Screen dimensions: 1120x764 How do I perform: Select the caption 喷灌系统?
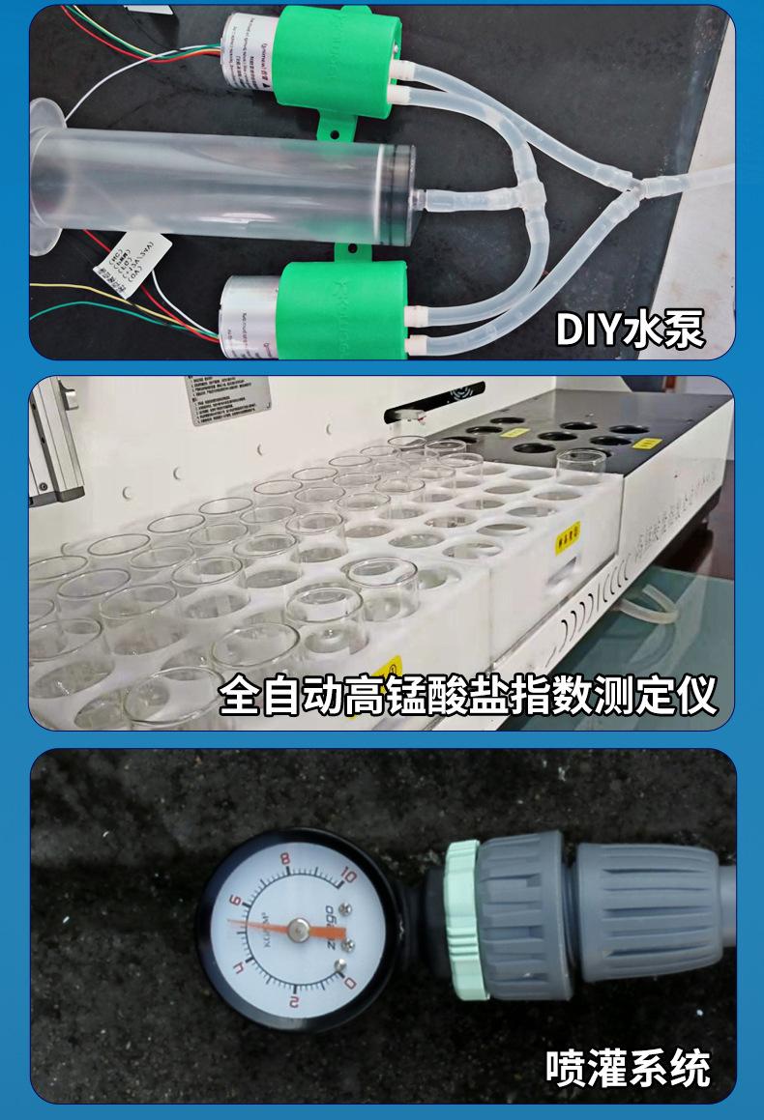[x=628, y=1067]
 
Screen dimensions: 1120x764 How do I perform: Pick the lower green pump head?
[x=334, y=308]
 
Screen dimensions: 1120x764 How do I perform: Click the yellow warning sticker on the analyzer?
[x=392, y=666]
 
